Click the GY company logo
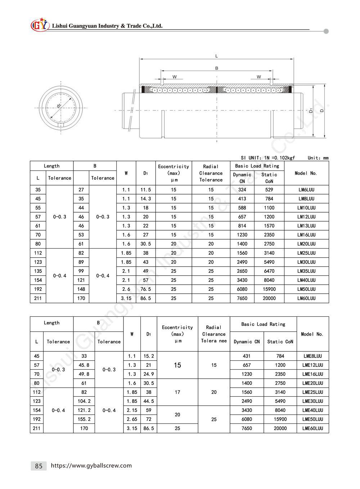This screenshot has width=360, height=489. pyautogui.click(x=39, y=25)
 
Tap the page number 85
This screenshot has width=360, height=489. pyautogui.click(x=39, y=466)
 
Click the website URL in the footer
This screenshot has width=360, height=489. pyautogui.click(x=91, y=466)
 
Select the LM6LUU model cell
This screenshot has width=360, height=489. pyautogui.click(x=306, y=190)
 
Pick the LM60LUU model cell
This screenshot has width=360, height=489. pyautogui.click(x=306, y=298)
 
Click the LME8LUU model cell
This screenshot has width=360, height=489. pyautogui.click(x=312, y=356)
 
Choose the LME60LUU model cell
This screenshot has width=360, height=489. pyautogui.click(x=312, y=428)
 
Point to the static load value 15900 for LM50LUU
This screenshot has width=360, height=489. pyautogui.click(x=269, y=289)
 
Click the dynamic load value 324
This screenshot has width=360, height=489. pyautogui.click(x=242, y=190)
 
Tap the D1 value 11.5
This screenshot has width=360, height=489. pyautogui.click(x=145, y=190)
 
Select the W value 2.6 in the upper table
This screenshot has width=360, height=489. pyautogui.click(x=126, y=289)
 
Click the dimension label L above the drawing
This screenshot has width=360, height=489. pyautogui.click(x=216, y=56)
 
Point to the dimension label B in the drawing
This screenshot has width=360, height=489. pyautogui.click(x=216, y=68)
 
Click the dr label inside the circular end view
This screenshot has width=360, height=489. pyautogui.click(x=59, y=106)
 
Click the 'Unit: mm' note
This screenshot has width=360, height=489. pyautogui.click(x=318, y=158)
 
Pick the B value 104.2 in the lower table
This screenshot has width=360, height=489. pyautogui.click(x=84, y=401)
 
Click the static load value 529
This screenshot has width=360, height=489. pyautogui.click(x=269, y=190)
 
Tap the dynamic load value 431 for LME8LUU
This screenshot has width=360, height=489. pyautogui.click(x=247, y=356)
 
